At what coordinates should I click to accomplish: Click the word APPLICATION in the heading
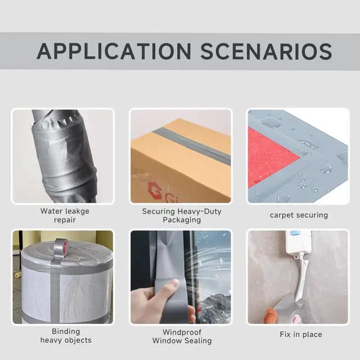pyautogui.click(x=114, y=51)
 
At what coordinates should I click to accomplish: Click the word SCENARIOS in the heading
pyautogui.click(x=267, y=51)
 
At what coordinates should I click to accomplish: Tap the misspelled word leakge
pyautogui.click(x=78, y=211)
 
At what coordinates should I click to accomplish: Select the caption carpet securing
pyautogui.click(x=299, y=215)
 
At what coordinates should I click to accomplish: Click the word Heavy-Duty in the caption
pyautogui.click(x=200, y=211)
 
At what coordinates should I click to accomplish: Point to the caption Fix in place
pyautogui.click(x=301, y=335)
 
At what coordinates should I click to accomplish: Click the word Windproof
pyautogui.click(x=182, y=332)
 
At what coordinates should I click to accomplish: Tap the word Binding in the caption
pyautogui.click(x=66, y=331)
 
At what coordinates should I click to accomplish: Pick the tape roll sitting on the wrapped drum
pyautogui.click(x=61, y=246)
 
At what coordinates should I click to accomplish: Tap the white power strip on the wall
pyautogui.click(x=299, y=244)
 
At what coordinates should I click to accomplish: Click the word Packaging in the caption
pyautogui.click(x=182, y=220)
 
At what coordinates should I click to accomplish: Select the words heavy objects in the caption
pyautogui.click(x=66, y=340)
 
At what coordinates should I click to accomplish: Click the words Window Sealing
pyautogui.click(x=182, y=341)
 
